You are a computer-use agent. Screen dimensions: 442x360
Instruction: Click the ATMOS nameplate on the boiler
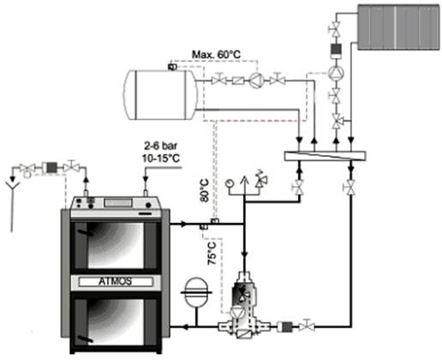pos(116,281)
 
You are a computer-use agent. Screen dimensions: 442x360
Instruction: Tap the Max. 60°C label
pos(216,54)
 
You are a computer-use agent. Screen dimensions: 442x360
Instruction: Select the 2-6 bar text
pos(160,146)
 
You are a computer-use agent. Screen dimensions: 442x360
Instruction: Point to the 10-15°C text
pos(161,158)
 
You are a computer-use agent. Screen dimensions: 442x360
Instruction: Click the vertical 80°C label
pos(205,190)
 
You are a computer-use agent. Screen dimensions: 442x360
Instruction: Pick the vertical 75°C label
pos(212,253)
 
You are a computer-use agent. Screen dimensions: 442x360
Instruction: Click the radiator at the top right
pos(398,27)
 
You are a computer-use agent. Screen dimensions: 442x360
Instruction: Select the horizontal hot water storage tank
pos(160,94)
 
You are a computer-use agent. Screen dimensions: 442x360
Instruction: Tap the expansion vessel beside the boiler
pos(196,292)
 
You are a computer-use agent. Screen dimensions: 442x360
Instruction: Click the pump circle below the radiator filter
pos(336,73)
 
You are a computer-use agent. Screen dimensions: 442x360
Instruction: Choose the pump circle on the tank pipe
pos(256,81)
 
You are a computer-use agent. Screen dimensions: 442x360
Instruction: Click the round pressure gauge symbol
pos(229,183)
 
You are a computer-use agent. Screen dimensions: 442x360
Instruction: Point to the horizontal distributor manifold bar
pos(325,156)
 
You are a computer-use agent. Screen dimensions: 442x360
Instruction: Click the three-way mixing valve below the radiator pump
pos(337,122)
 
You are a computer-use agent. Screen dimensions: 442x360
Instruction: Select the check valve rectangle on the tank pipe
pos(237,81)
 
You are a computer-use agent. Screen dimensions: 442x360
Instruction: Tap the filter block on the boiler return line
pos(285,327)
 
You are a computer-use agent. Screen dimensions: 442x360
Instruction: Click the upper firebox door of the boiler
pos(116,246)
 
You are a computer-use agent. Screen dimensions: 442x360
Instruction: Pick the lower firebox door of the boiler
pos(116,322)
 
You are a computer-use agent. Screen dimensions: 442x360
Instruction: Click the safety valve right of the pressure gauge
pos(260,180)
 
